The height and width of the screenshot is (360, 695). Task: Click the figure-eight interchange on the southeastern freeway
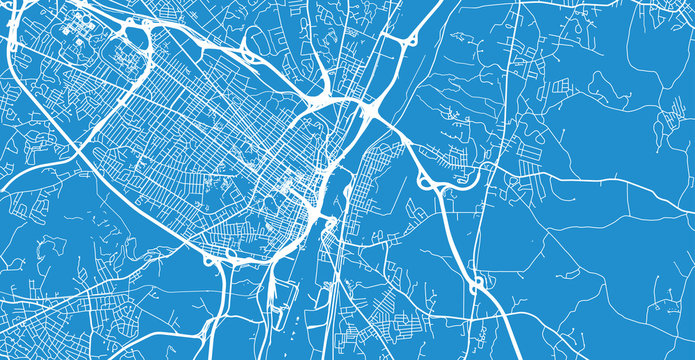pyautogui.click(x=477, y=285)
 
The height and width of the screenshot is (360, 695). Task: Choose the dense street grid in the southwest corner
pyautogui.click(x=40, y=320)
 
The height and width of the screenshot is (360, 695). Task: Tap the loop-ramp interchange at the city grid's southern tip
pyautogui.click(x=222, y=257)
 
